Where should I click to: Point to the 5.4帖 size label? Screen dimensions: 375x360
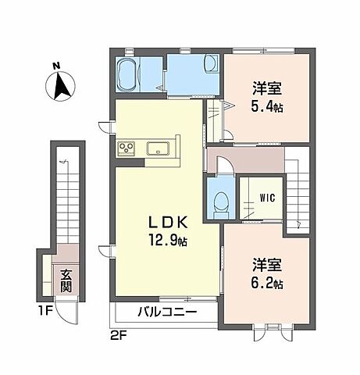[x=267, y=106]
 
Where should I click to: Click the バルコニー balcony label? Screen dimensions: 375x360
[x=169, y=312]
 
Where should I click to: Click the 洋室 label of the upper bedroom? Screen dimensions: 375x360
[x=266, y=88]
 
